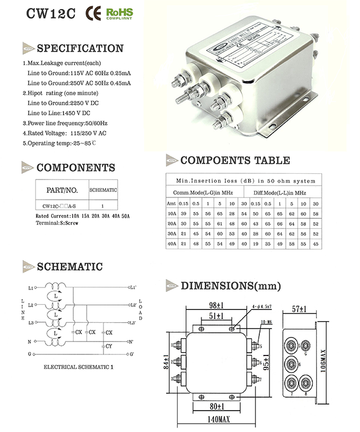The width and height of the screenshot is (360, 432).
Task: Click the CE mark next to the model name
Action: tap(93, 13)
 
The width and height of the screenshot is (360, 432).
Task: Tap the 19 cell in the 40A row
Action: tap(256, 244)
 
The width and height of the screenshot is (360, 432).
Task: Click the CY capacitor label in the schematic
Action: tap(109, 346)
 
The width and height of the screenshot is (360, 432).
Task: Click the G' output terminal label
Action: tap(132, 355)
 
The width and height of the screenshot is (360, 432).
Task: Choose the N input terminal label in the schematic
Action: tap(30, 341)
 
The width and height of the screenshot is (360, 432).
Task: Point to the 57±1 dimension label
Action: tap(302, 309)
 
